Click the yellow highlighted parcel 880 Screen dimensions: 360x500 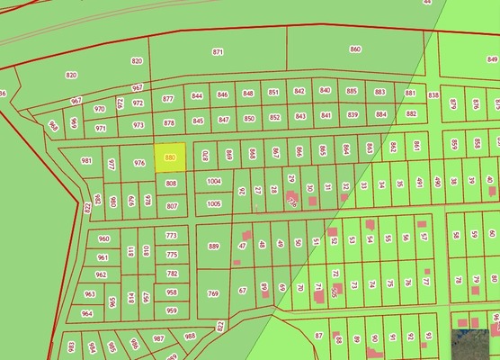click(170, 158)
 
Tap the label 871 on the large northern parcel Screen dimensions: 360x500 click(218, 52)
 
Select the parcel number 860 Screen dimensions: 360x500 click(354, 49)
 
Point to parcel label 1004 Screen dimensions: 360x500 click(213, 181)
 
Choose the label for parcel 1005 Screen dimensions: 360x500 click(213, 204)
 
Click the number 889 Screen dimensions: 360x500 click(213, 246)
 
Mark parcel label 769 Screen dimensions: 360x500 click(213, 293)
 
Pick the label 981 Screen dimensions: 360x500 click(86, 160)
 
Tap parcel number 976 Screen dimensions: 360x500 click(138, 163)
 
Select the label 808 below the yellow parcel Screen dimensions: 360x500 click(172, 183)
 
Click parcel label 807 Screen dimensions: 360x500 click(172, 205)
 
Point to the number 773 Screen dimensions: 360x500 click(172, 236)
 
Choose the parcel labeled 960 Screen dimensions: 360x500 click(103, 239)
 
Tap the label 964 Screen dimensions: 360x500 click(86, 313)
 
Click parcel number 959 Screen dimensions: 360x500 click(172, 311)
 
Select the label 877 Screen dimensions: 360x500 click(167, 98)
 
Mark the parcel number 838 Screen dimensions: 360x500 click(433, 94)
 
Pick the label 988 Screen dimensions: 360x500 click(190, 335)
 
